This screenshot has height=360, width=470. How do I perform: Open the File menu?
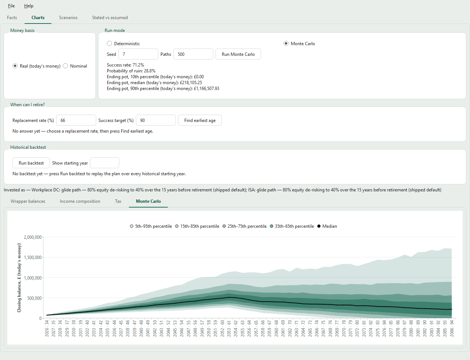(11, 6)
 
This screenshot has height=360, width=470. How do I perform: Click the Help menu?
(29, 6)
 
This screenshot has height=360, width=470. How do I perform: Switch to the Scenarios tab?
(68, 18)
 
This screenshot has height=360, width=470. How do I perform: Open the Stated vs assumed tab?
(110, 18)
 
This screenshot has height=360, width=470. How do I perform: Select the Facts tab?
(12, 18)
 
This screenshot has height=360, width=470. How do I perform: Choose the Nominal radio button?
(65, 66)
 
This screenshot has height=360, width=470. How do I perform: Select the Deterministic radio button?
(109, 43)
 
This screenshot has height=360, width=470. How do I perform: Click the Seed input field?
(138, 54)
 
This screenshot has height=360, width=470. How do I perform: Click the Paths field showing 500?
(193, 54)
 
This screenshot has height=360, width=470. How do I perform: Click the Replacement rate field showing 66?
(76, 120)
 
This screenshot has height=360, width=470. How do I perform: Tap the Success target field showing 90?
(156, 120)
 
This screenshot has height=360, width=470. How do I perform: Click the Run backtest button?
(31, 163)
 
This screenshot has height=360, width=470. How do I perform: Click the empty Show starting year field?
(105, 163)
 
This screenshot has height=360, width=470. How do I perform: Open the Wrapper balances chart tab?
(28, 201)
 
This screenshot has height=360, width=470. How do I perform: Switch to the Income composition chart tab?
(80, 201)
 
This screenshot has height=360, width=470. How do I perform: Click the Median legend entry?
(327, 226)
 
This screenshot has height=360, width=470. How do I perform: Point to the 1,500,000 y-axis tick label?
(32, 257)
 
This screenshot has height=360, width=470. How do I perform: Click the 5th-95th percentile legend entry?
(151, 226)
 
